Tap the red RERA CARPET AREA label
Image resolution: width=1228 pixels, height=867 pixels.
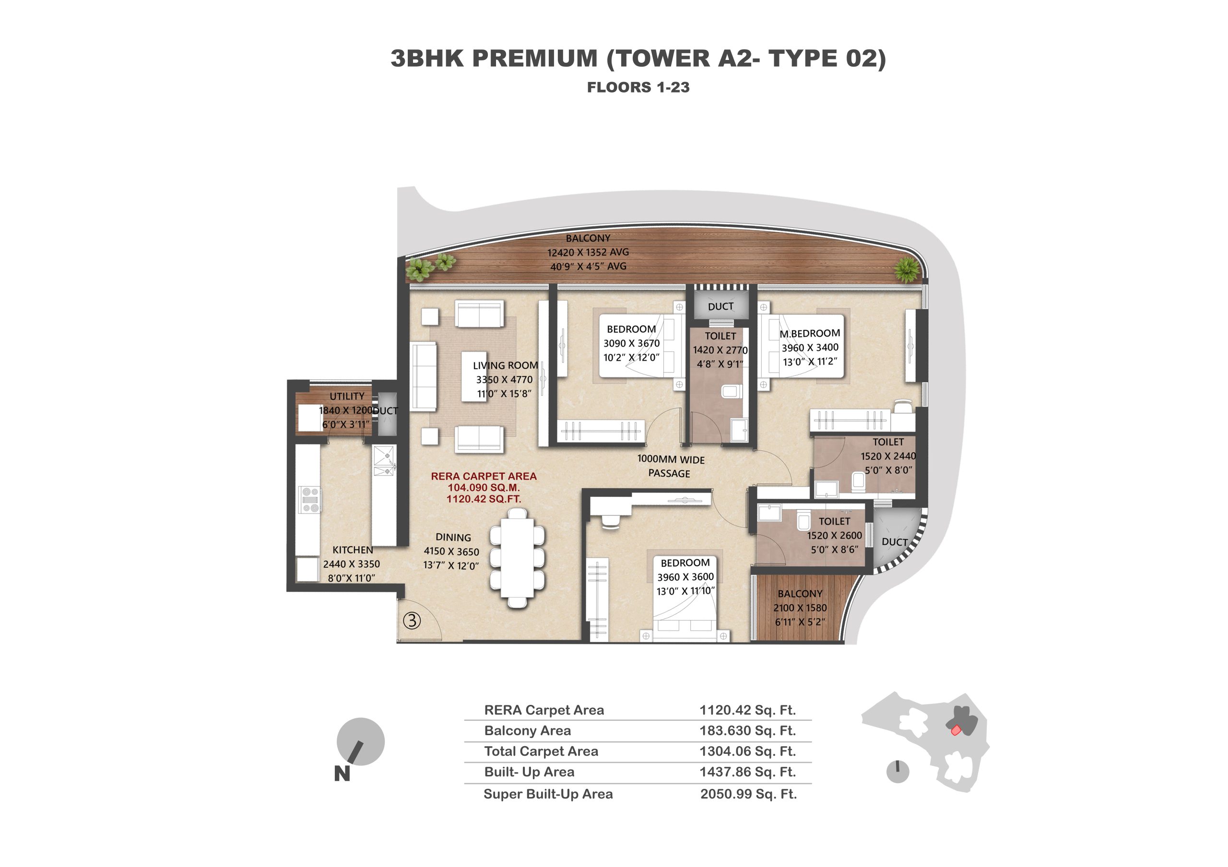click(484, 476)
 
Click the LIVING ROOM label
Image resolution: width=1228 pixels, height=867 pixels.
click(506, 365)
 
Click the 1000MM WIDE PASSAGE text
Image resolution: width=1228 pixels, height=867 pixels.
click(671, 467)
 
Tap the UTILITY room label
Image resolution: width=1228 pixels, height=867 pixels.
click(347, 397)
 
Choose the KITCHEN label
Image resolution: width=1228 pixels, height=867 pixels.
click(353, 550)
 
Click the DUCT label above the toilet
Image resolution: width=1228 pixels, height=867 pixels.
click(720, 307)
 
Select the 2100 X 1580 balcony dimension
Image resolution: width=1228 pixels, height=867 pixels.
click(800, 608)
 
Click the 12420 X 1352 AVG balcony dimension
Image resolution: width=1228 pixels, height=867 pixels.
click(588, 252)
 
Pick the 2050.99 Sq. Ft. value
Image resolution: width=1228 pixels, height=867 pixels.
click(748, 794)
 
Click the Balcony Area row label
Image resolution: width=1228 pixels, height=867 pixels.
click(527, 731)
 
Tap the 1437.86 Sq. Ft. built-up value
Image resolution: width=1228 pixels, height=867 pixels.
click(748, 772)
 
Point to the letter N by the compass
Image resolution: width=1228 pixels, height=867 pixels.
click(342, 774)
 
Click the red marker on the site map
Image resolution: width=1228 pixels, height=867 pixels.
click(956, 730)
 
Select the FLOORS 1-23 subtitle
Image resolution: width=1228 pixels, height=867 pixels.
click(638, 88)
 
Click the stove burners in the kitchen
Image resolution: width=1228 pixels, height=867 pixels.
click(310, 500)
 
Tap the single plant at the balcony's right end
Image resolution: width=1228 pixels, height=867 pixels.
click(907, 269)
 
